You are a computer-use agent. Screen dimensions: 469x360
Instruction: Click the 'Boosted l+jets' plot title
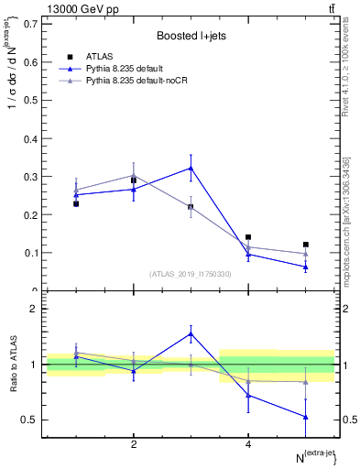tap(190, 34)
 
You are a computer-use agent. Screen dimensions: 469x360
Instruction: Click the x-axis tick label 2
tap(134, 445)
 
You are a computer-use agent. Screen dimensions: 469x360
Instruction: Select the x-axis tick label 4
tap(248, 445)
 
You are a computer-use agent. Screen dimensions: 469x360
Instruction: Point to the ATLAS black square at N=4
tap(248, 237)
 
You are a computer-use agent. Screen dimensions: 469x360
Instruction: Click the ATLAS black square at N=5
tap(306, 245)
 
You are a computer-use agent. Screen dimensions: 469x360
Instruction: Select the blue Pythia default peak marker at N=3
tap(191, 168)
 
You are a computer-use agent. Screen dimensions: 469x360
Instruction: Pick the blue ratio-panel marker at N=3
tap(191, 333)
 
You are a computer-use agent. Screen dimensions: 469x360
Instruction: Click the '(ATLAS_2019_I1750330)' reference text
tap(190, 274)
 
